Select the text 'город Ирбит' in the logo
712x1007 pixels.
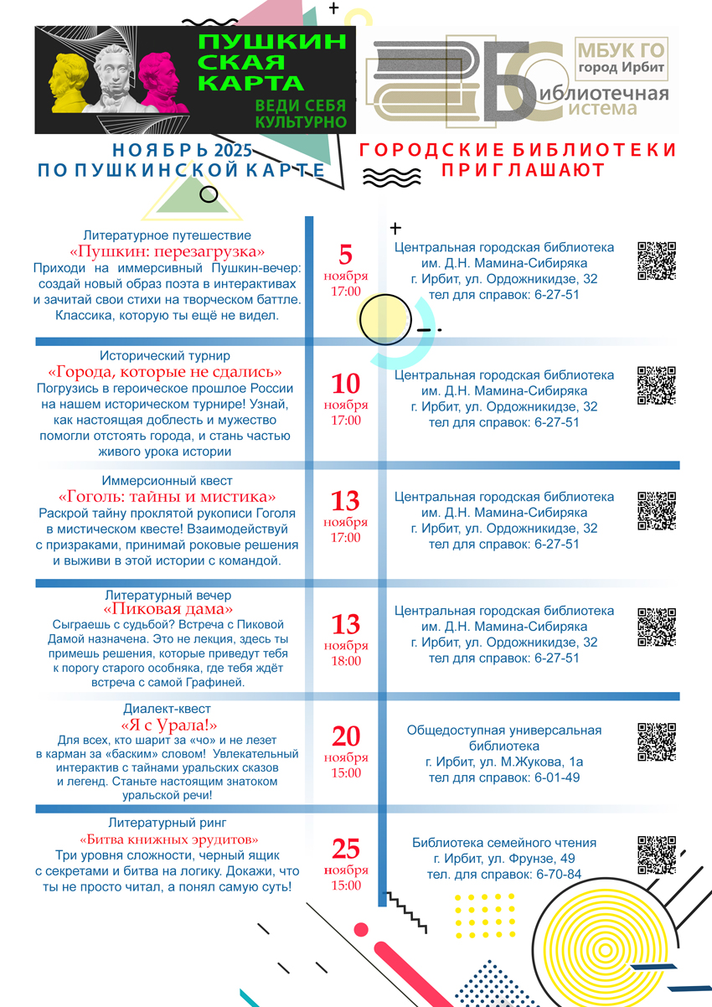point(622,68)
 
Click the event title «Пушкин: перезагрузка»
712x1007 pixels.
point(168,251)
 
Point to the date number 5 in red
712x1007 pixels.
point(346,255)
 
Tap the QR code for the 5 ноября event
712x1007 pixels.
point(656,261)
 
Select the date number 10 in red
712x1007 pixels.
point(346,384)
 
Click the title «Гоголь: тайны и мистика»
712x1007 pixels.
point(168,496)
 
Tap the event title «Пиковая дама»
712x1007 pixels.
point(168,609)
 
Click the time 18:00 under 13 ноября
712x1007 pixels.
point(346,661)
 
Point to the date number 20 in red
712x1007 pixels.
point(346,736)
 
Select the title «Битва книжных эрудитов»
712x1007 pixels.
point(168,839)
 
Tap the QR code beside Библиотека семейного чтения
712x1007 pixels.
point(656,855)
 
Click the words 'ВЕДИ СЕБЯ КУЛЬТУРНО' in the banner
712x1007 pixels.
point(301,114)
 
